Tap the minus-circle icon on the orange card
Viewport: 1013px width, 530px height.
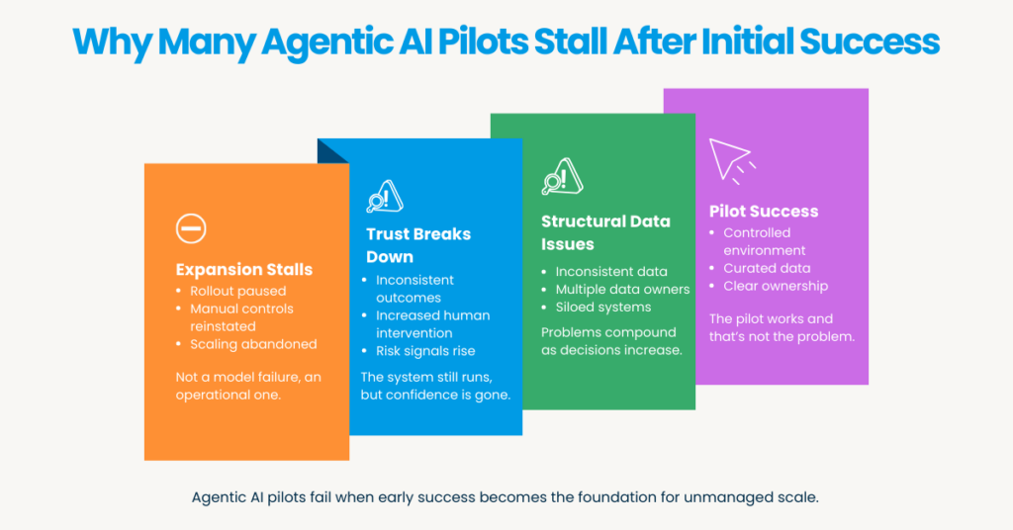point(190,229)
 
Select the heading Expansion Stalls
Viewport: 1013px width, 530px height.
point(243,269)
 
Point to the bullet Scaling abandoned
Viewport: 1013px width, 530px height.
point(253,344)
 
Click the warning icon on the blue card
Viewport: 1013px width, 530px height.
point(384,196)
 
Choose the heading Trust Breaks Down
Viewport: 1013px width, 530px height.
point(417,244)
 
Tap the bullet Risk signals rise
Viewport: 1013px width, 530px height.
point(425,350)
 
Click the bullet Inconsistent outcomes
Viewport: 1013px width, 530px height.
point(414,289)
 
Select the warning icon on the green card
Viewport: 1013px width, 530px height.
point(560,176)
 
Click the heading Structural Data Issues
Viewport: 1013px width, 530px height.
point(604,231)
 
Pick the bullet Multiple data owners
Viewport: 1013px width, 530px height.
point(622,290)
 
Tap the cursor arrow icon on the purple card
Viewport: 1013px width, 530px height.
point(729,158)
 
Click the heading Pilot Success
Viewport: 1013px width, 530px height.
point(763,211)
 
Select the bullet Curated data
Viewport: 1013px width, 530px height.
point(767,268)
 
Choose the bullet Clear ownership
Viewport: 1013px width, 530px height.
point(776,286)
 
